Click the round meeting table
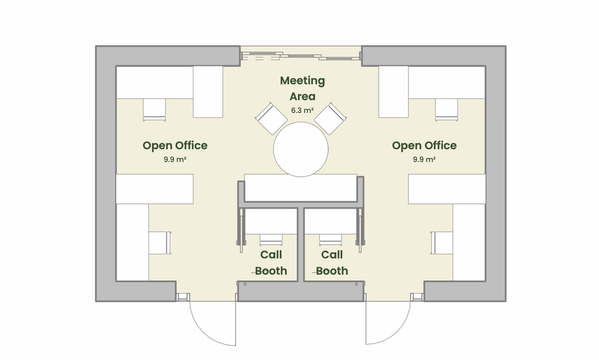click(x=301, y=149)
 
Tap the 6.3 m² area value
click(x=302, y=111)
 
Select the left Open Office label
click(x=175, y=145)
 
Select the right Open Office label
click(x=424, y=145)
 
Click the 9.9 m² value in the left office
click(x=175, y=160)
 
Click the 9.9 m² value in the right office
click(x=424, y=160)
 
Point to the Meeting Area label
click(x=302, y=88)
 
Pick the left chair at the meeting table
click(x=271, y=119)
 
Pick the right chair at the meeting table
click(x=330, y=119)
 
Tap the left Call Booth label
click(x=271, y=263)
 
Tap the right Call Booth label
click(x=332, y=263)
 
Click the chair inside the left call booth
click(x=271, y=239)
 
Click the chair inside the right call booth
click(x=331, y=239)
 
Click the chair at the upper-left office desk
click(x=154, y=110)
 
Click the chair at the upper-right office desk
click(x=446, y=110)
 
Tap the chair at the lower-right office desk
click(x=442, y=243)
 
